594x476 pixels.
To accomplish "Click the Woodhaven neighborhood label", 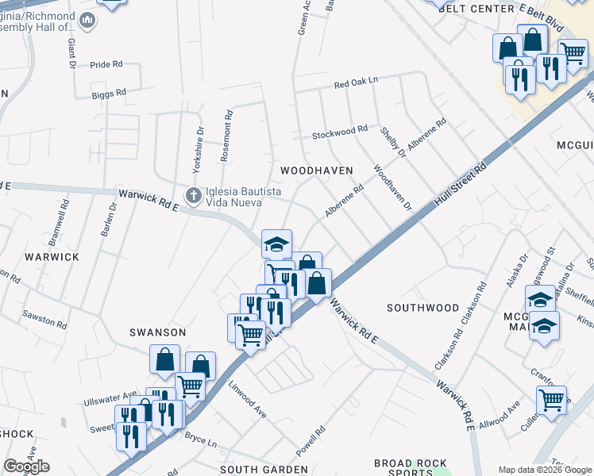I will click(305, 171).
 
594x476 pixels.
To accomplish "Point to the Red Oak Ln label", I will click(356, 83).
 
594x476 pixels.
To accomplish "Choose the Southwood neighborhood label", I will click(422, 307).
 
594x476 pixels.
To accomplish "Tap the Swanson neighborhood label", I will click(160, 332).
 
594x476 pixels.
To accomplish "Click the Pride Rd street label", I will click(106, 65).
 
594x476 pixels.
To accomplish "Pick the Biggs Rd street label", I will click(109, 93).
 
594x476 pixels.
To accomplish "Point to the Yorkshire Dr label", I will click(199, 150).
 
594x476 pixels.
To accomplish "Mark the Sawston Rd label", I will click(45, 320).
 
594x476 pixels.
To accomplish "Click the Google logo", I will click(26, 466).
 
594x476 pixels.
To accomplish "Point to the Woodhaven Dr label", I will click(393, 188).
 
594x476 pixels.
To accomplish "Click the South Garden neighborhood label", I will click(263, 470).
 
